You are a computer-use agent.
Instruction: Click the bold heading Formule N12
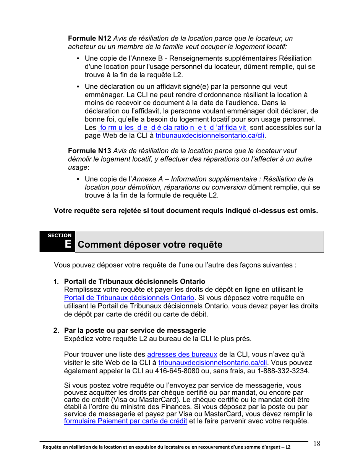(89, 39)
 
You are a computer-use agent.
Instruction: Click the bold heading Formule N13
(89, 151)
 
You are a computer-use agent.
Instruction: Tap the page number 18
(317, 444)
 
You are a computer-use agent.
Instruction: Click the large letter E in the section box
(68, 244)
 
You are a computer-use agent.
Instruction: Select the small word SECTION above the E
(59, 235)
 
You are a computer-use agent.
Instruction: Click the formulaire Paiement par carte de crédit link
(126, 421)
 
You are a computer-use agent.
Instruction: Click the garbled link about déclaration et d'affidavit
(173, 127)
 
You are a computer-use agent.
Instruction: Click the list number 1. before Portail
(56, 282)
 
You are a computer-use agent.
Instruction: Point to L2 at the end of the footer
(287, 447)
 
